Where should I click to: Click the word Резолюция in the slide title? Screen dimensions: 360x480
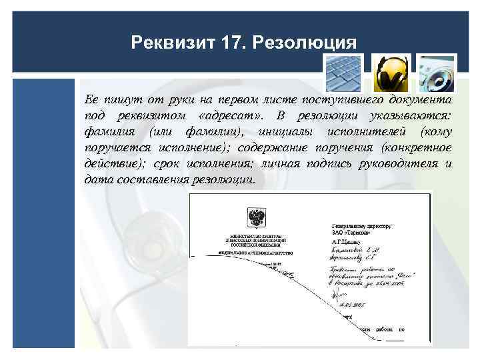tap(313, 43)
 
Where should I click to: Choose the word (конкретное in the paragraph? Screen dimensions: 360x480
tap(417, 148)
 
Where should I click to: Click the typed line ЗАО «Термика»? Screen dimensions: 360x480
tap(354, 233)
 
